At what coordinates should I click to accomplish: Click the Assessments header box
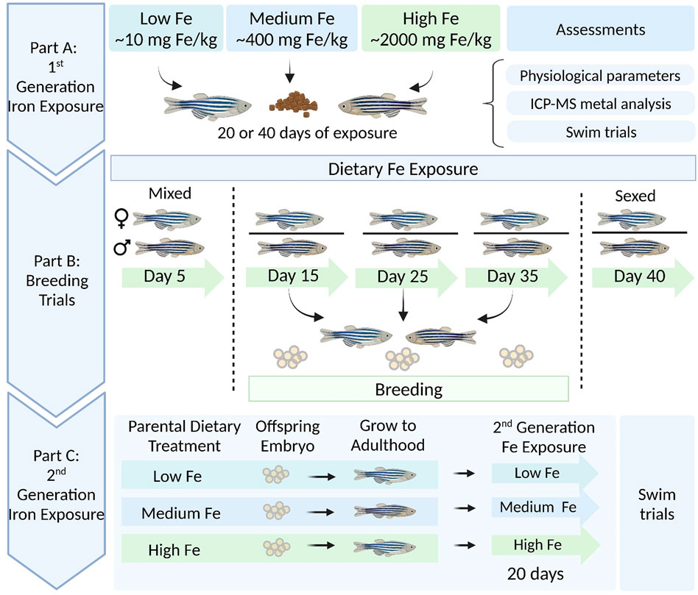(x=600, y=30)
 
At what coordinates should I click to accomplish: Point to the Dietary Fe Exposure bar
(x=403, y=168)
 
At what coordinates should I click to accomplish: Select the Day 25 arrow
(x=402, y=279)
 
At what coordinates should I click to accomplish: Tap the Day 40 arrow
(x=638, y=279)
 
